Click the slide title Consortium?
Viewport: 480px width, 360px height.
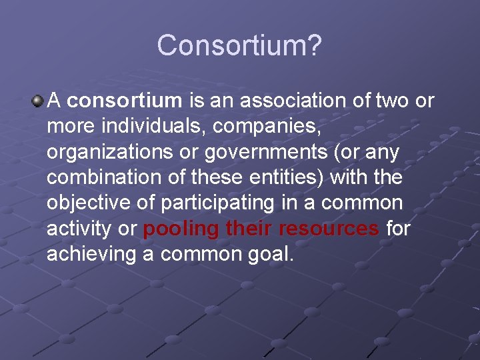coord(239,46)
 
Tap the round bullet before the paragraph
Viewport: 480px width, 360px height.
coord(38,101)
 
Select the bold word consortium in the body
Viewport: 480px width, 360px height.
coord(125,101)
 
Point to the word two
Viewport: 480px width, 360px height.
coord(394,101)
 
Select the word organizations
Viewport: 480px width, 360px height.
coord(103,153)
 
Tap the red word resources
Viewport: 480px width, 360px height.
coord(329,229)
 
